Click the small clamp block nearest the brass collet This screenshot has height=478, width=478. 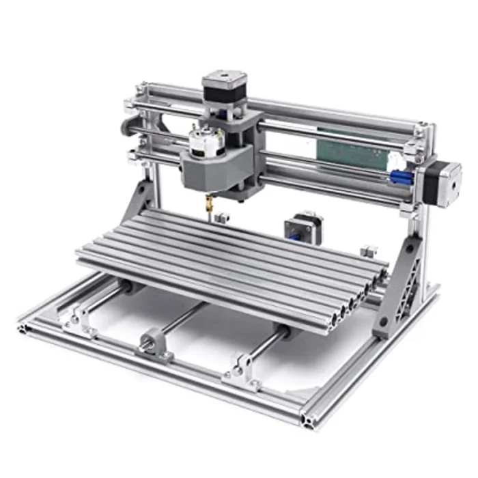(220, 218)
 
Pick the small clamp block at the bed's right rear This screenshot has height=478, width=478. (369, 251)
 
